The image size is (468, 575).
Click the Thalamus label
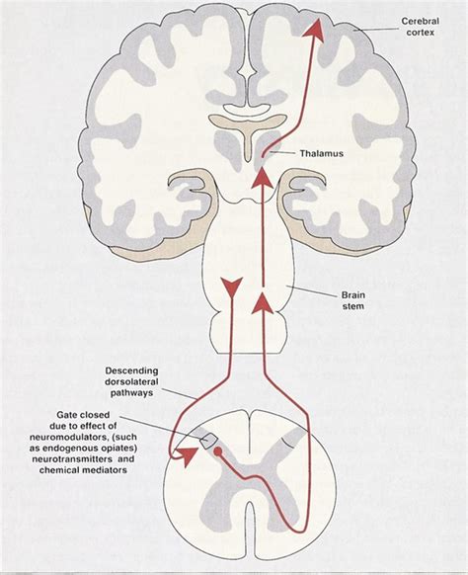coord(322,153)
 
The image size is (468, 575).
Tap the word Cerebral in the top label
coord(420,22)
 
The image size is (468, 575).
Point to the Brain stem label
coord(353,300)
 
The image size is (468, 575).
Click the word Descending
coord(131,370)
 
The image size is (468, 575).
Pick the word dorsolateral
coord(131,381)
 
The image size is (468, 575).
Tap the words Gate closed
coord(83,415)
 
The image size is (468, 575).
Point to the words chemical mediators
coord(83,469)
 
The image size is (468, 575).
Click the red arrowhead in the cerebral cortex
coord(314,30)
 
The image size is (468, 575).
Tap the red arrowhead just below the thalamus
coord(262,178)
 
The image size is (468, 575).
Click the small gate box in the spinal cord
coord(209,441)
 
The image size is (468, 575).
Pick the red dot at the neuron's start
coord(217,452)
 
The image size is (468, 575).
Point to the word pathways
coord(131,393)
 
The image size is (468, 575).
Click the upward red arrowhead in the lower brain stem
coord(262,303)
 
